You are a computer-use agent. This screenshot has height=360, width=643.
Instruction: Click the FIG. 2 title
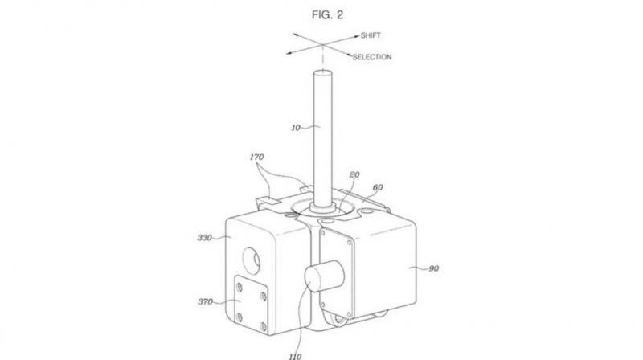327,15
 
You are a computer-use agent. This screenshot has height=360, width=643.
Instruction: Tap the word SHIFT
371,35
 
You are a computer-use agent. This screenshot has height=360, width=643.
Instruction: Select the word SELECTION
372,57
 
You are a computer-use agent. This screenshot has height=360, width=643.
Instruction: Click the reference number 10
296,128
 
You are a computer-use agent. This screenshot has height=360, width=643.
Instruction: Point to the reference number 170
256,157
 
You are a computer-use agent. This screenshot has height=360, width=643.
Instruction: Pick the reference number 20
354,174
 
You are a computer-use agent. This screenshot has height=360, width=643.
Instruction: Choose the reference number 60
378,187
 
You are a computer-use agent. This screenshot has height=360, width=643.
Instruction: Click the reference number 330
204,238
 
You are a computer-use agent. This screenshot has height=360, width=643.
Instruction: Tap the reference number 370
206,302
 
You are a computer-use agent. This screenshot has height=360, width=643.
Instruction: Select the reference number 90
433,268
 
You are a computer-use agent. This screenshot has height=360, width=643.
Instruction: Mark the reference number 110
295,357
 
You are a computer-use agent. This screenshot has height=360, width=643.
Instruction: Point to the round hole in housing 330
251,261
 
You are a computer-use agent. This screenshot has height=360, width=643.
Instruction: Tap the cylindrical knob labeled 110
324,276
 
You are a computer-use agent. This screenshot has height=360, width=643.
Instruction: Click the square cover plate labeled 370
251,304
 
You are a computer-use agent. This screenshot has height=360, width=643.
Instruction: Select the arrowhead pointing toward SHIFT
355,37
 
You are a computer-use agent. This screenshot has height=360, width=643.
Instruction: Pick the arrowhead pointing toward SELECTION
348,55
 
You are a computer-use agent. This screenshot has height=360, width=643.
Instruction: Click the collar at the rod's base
323,207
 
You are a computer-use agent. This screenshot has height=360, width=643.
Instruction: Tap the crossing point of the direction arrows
322,45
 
